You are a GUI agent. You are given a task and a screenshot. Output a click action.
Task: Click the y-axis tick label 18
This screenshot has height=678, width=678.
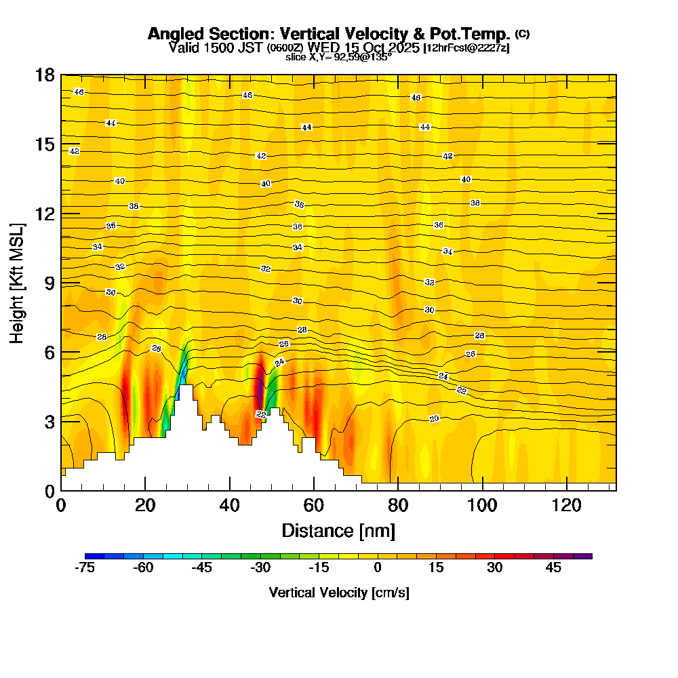coord(45,75)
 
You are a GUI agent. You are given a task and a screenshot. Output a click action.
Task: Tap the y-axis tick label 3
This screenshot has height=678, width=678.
coord(49,421)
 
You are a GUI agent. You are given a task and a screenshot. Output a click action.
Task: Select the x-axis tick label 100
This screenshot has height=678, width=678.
coord(482,505)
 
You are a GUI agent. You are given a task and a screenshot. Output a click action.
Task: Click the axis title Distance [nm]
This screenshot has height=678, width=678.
coord(338,530)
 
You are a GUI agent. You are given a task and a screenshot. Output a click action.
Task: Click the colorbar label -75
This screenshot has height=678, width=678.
coord(84,568)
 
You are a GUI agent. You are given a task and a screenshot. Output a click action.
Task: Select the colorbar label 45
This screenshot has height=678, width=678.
coord(553,568)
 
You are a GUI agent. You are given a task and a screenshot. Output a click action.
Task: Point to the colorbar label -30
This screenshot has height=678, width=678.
coord(260,568)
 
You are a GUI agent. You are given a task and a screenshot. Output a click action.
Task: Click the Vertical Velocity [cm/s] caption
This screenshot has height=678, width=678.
coord(338,593)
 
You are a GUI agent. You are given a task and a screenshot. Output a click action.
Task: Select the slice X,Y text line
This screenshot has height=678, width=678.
coord(338,58)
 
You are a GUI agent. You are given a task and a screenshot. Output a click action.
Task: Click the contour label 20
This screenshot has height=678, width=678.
coord(435,419)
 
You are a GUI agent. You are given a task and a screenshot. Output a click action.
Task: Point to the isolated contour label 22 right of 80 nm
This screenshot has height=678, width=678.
coord(462,391)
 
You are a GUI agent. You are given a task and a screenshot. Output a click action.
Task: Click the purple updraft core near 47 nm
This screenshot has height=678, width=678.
coord(259,386)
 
